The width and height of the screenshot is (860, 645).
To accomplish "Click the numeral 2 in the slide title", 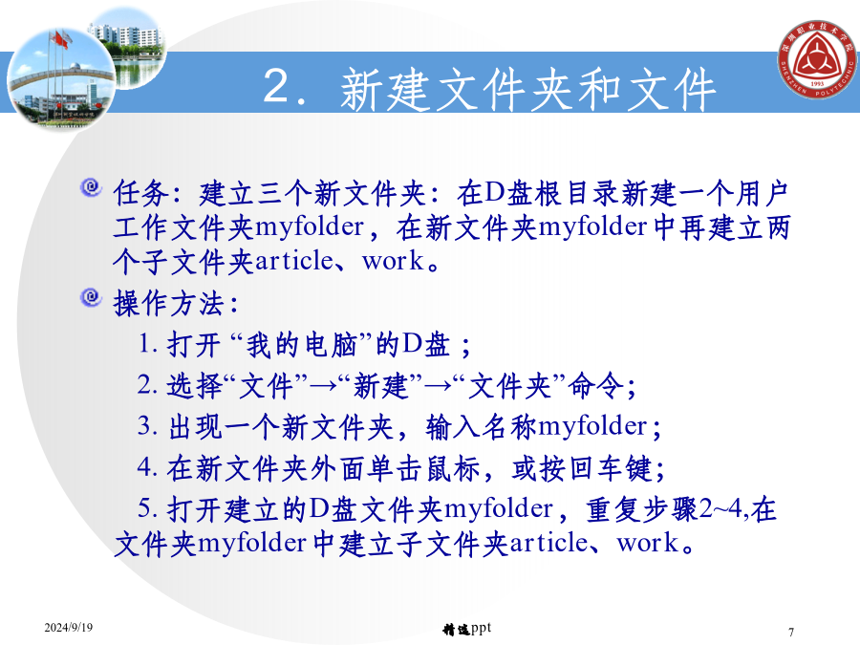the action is point(277,85).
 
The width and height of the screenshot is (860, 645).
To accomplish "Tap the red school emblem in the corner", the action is point(817,59).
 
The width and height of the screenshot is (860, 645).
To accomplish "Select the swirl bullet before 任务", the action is point(91,187).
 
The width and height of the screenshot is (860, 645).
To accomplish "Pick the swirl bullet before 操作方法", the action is point(91,297).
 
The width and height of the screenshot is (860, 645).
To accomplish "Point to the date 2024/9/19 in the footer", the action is point(69,627).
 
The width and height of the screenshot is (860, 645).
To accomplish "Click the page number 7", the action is point(791,632).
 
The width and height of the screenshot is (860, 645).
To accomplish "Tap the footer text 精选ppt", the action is point(466,629).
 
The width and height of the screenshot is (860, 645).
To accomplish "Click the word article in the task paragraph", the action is point(293,261).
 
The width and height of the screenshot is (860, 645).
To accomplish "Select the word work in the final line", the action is point(647,543).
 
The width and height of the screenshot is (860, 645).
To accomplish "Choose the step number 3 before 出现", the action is point(145,425).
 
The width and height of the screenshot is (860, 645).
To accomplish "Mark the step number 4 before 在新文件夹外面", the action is point(145,466).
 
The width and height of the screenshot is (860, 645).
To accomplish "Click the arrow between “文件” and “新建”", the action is point(323,386).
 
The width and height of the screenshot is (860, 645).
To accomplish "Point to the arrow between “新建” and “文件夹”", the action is point(438,386).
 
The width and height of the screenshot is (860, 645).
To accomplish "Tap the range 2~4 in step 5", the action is point(720,508).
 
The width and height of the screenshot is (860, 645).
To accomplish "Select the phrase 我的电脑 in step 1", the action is point(301,345).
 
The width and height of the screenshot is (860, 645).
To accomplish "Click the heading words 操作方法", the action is point(169,303).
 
